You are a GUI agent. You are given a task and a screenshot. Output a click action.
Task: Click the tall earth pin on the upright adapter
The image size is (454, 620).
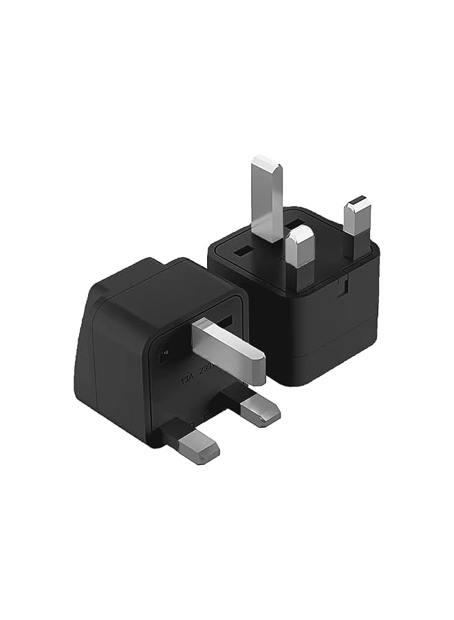click(266, 200)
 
